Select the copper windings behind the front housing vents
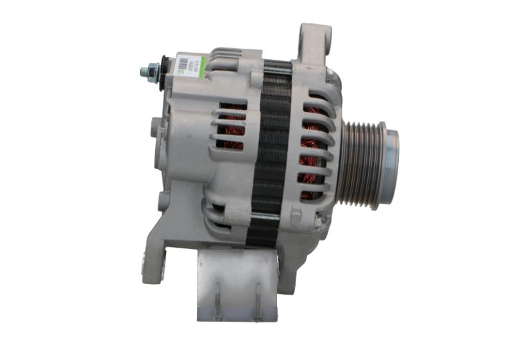[313, 154]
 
